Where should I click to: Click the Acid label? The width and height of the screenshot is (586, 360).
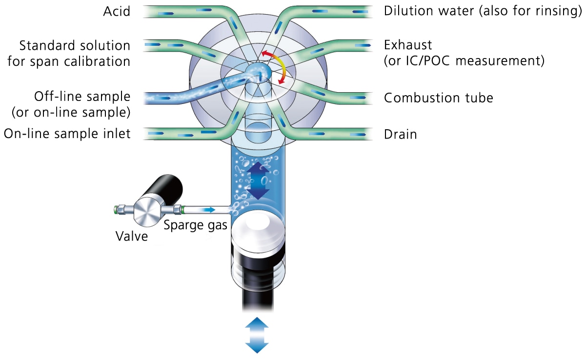pos(117,11)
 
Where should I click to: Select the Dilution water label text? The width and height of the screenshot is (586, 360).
pos(429,11)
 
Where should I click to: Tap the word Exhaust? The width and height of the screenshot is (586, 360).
pos(408,45)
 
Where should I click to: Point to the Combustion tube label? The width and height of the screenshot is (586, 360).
pos(438,98)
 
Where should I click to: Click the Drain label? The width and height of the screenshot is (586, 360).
pos(400,134)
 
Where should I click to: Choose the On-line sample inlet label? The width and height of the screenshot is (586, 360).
pos(67,134)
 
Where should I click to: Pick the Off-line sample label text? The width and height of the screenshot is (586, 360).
pos(82,96)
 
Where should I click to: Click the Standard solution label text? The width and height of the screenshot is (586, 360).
pos(75,46)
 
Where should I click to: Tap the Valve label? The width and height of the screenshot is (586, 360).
pos(131,237)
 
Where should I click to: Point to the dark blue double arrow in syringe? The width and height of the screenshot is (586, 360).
pos(259,180)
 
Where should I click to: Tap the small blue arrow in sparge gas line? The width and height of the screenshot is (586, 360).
pos(208,210)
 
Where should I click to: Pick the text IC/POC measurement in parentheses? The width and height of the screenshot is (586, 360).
pos(464,61)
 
